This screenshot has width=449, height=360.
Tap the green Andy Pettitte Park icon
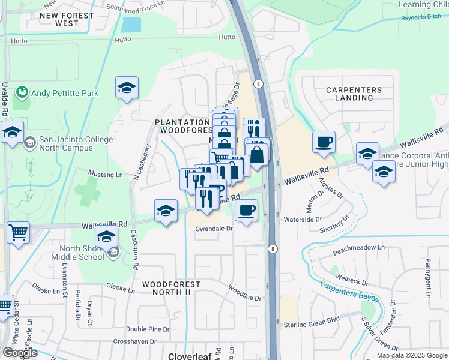click(23, 92)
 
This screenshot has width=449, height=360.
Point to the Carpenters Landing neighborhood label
click(354, 94)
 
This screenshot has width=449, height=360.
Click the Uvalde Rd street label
click(5, 99)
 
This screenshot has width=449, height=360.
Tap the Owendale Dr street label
click(213, 229)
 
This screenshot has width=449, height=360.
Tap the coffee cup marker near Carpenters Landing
click(324, 142)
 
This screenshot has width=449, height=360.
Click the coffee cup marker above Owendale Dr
click(246, 211)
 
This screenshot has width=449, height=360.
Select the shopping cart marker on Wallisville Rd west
click(19, 231)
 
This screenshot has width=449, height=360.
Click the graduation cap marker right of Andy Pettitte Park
click(127, 88)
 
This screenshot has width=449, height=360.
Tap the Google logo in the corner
click(20, 353)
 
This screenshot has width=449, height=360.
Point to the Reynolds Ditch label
click(421, 18)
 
